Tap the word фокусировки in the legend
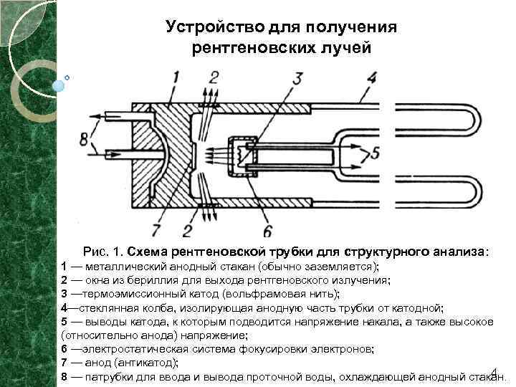(x=291, y=349)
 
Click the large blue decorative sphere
(x=59, y=85)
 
